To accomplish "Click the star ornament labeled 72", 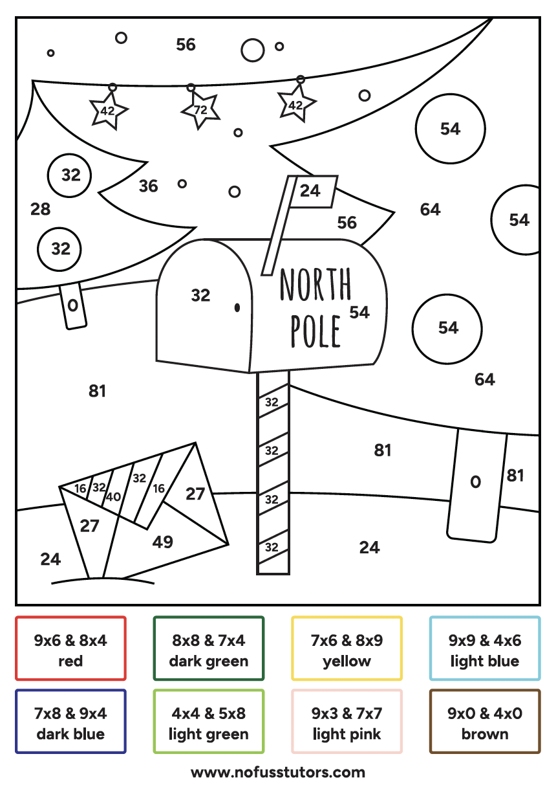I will tap(200, 110).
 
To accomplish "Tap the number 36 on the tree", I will tap(148, 186).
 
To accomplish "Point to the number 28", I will tap(40, 209).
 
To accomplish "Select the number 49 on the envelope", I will tap(162, 542).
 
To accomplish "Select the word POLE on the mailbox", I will tap(315, 330).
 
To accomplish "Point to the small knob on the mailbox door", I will tap(237, 307).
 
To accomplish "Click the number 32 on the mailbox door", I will tap(200, 295).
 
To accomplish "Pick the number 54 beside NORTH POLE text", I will tap(359, 313).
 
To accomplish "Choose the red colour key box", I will tap(70, 648).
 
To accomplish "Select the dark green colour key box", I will tap(209, 648).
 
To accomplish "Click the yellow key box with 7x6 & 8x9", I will tap(347, 648).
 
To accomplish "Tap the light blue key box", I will tap(485, 648).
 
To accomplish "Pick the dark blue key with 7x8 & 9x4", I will tap(70, 722).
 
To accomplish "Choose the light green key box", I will tap(209, 722).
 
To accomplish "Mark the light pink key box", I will tap(347, 722).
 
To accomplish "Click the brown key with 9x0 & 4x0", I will tap(485, 722).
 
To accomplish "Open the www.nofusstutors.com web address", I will tap(278, 772).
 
